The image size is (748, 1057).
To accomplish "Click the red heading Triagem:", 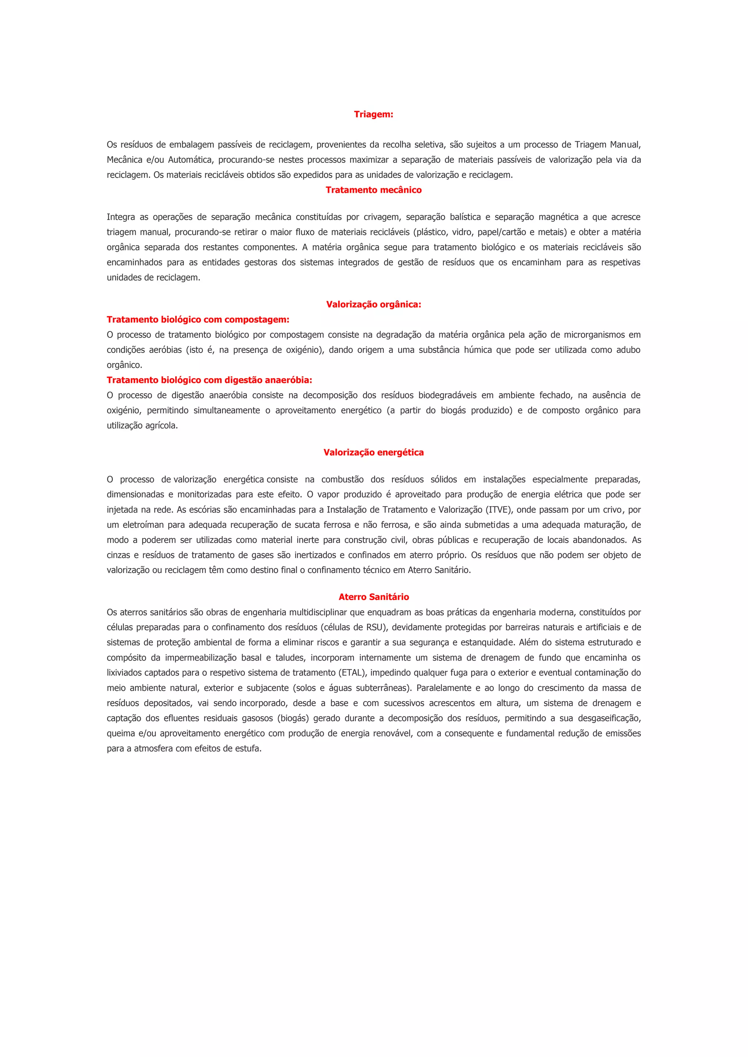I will [374, 115].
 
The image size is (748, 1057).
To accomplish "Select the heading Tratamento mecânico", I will [374, 190].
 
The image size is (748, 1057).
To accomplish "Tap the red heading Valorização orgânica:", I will [374, 304].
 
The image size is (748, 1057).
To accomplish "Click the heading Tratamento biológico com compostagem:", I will [198, 319].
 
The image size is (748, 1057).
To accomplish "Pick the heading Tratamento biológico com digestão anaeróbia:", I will [210, 380].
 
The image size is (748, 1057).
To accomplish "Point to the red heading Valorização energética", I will [374, 453].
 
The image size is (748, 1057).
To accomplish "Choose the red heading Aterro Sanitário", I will [374, 597].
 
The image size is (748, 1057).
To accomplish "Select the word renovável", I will [393, 733].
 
